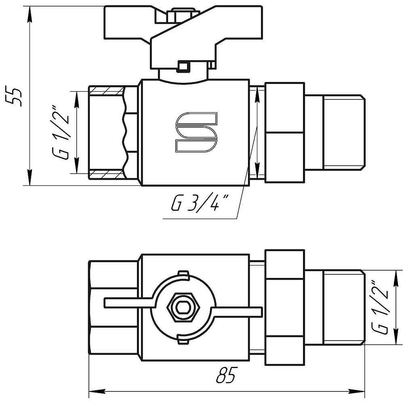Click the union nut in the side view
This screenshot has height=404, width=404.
point(284,133)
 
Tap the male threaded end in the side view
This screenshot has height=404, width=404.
point(343,131)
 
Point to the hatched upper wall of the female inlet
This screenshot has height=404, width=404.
point(107,89)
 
